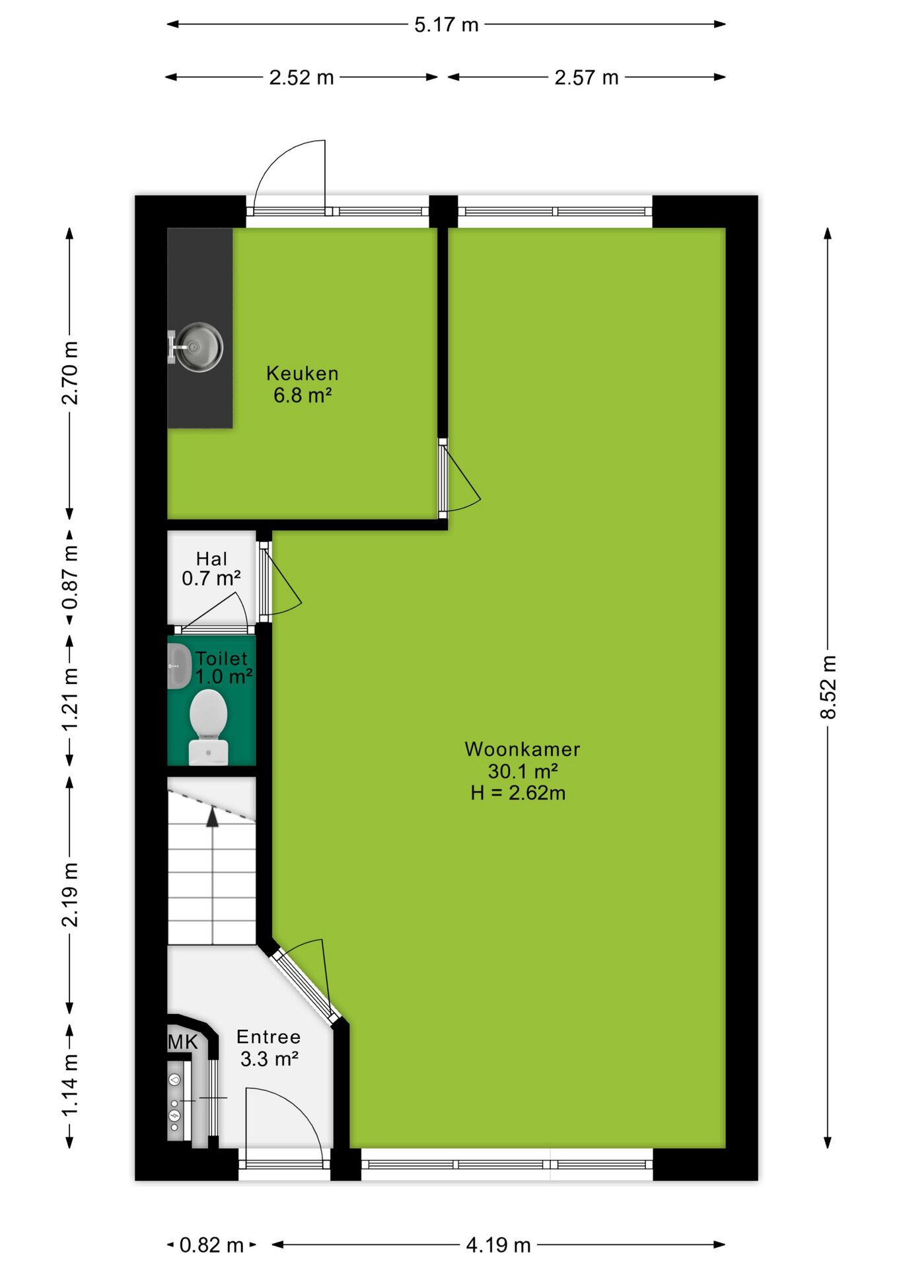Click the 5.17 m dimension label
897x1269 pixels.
click(446, 25)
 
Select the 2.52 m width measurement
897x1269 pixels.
click(301, 78)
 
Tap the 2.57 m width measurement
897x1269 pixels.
click(587, 78)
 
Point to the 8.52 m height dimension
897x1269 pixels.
click(828, 687)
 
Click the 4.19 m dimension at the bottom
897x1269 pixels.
click(499, 1245)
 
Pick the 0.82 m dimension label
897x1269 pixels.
click(212, 1245)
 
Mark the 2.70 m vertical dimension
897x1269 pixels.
click(69, 373)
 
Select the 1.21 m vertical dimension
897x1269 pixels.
click(69, 700)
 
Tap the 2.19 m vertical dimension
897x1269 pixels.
click(69, 894)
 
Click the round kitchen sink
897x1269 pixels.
click(199, 347)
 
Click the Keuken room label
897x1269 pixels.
click(303, 373)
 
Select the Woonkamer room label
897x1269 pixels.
click(522, 749)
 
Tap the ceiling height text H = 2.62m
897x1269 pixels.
click(518, 792)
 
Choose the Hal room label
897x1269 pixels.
click(211, 559)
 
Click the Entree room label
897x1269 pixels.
click(269, 1037)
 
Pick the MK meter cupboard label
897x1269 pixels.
click(183, 1042)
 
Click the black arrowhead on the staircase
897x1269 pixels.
click(212, 818)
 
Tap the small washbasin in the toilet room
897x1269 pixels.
click(178, 666)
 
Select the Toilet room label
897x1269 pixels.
click(221, 658)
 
